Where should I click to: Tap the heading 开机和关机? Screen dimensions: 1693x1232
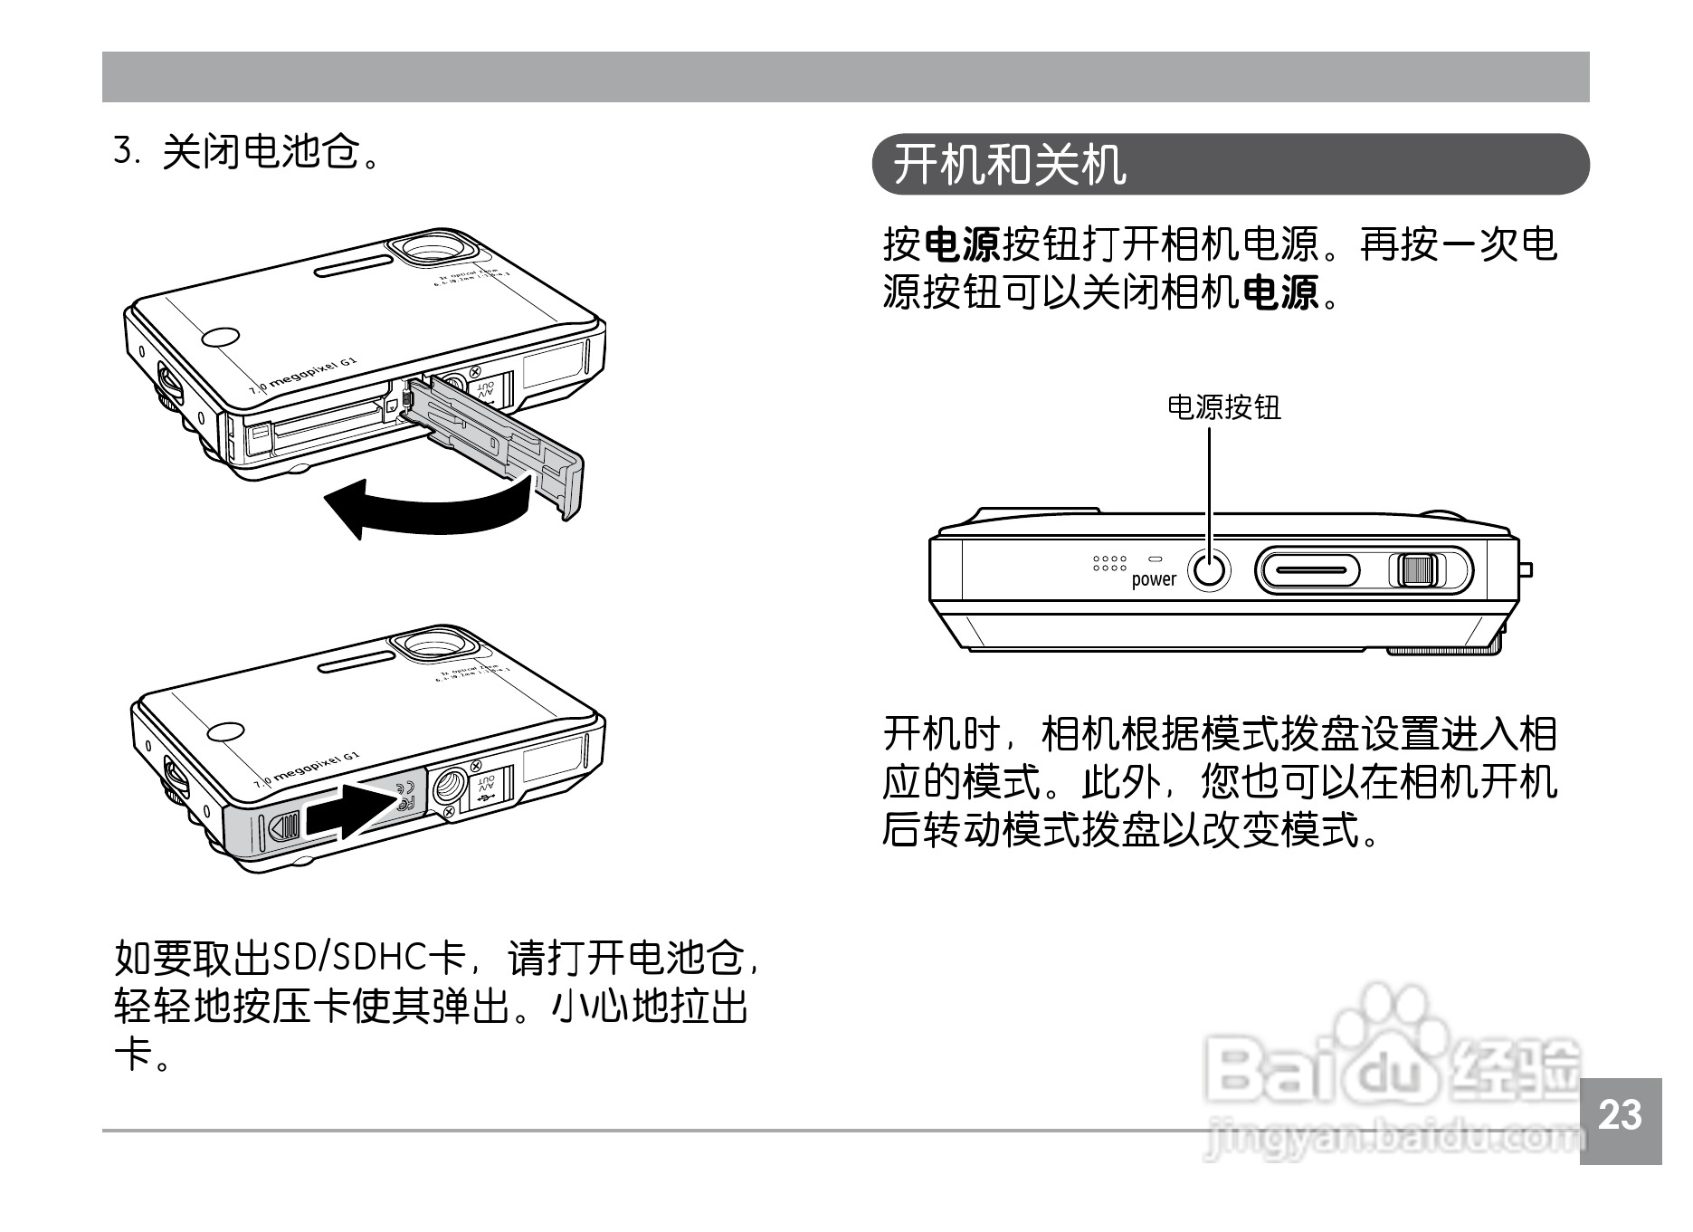point(1010,165)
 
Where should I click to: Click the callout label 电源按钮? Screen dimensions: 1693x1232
point(1223,407)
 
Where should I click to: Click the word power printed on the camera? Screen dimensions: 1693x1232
point(1154,579)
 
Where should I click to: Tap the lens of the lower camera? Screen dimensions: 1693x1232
point(437,645)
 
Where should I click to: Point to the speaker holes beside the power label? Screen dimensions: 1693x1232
point(1109,564)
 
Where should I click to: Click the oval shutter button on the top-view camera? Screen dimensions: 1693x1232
point(1308,571)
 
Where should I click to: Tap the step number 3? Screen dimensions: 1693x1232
point(124,151)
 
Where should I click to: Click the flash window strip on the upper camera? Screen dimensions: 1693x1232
point(353,265)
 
